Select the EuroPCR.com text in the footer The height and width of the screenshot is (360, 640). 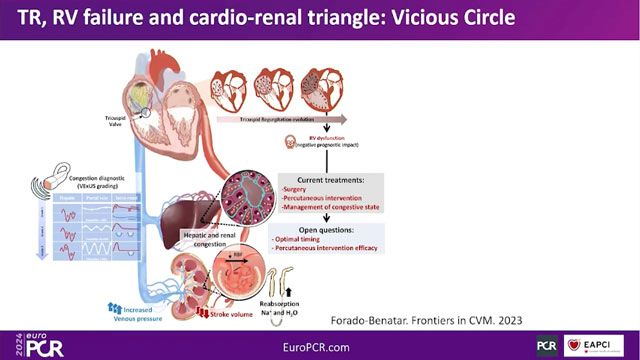point(318,343)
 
